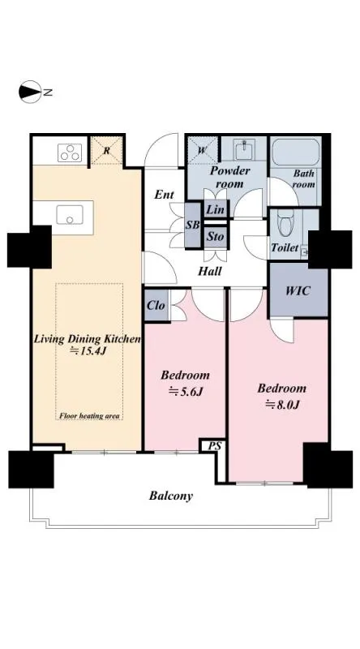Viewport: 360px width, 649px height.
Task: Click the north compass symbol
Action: (30, 92)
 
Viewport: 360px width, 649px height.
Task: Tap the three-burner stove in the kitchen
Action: (70, 153)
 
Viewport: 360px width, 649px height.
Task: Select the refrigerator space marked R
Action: (107, 151)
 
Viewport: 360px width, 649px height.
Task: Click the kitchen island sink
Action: (70, 215)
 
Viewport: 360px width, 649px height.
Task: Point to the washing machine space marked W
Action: (202, 150)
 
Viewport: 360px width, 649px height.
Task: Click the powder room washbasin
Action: (245, 149)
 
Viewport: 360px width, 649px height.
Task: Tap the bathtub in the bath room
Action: (296, 152)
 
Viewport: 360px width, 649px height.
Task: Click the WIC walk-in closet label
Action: (298, 290)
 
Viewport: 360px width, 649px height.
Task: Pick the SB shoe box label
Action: (192, 226)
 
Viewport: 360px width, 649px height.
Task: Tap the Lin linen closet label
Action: (215, 210)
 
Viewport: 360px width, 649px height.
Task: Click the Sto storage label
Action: (215, 237)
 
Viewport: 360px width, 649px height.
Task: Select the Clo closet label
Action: (156, 306)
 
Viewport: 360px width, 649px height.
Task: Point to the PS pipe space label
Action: (214, 447)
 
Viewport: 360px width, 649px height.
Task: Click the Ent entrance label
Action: (165, 195)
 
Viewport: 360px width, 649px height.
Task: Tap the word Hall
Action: (209, 272)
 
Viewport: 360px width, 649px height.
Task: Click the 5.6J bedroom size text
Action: (185, 392)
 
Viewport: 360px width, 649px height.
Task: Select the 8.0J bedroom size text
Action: (282, 404)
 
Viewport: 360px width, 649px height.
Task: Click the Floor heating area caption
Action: (89, 415)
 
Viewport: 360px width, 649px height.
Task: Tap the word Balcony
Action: (171, 496)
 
